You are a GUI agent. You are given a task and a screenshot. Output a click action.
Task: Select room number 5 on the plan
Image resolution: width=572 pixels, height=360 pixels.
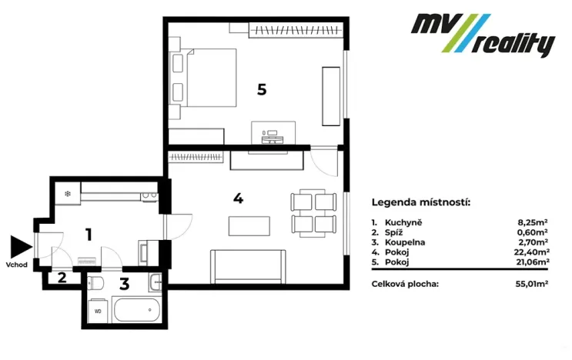[262, 90]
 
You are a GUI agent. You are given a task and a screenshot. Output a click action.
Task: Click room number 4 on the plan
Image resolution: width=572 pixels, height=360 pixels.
[238, 198]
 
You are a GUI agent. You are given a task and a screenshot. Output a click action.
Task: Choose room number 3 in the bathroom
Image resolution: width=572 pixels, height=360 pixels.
[124, 283]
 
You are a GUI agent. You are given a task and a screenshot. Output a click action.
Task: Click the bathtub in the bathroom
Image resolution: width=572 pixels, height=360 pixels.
[135, 312]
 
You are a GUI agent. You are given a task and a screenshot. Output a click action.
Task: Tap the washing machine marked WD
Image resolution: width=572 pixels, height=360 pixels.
[98, 311]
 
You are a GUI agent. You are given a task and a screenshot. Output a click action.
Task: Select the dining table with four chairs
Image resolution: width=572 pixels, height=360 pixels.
[313, 213]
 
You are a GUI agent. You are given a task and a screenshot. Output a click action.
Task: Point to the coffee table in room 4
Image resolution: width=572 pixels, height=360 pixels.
[249, 226]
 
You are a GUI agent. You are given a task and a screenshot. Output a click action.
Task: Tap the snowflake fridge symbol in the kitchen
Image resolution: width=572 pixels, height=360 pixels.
[68, 193]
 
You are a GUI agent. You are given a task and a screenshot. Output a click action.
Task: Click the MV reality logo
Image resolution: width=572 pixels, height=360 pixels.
[481, 35]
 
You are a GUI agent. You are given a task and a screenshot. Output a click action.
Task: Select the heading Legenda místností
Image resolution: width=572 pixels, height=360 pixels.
[420, 203]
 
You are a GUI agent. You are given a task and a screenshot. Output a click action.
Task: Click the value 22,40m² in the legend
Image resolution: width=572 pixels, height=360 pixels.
[533, 252]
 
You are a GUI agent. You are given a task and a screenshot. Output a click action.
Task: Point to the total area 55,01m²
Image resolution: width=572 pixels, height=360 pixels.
[532, 284]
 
